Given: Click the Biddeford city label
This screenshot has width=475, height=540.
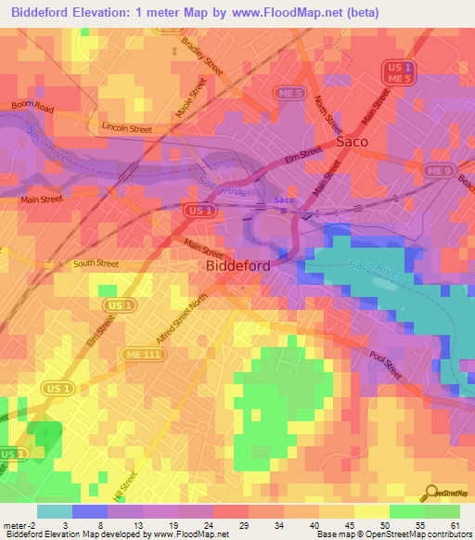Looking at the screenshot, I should [x=237, y=265].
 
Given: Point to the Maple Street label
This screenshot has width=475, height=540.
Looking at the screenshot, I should [x=198, y=96].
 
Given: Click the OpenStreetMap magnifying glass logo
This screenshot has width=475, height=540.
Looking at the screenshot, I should [x=430, y=493].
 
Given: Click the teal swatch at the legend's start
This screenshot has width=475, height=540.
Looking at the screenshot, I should [x=54, y=511].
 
